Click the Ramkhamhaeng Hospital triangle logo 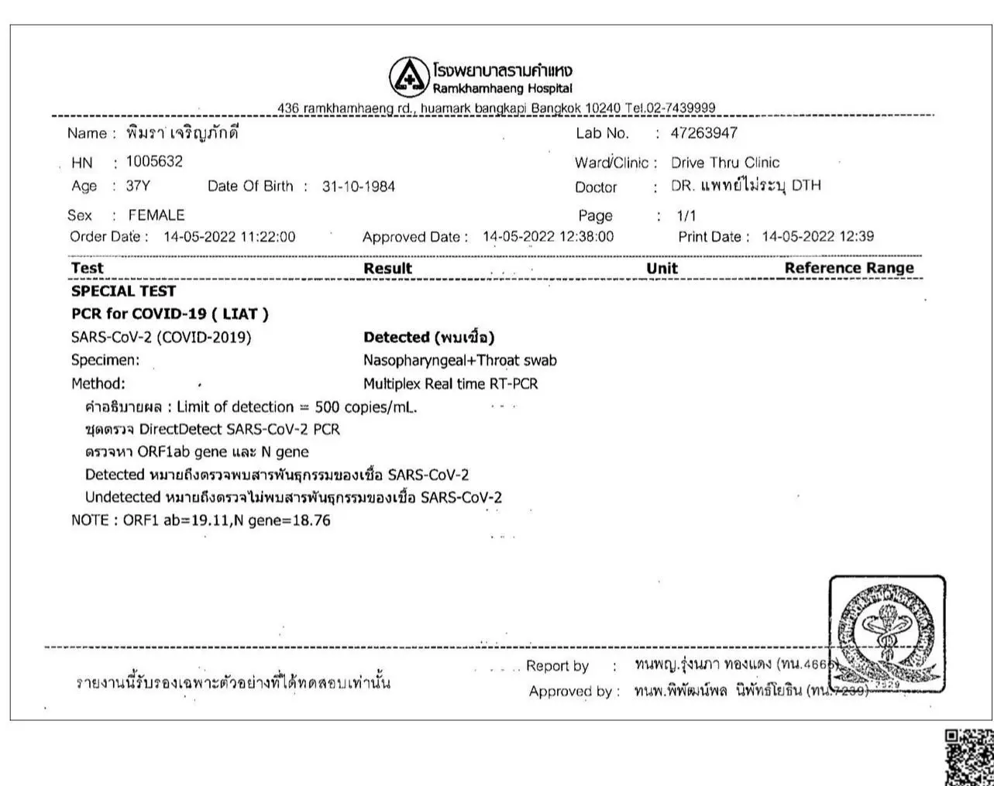point(408,77)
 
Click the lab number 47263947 point(703,133)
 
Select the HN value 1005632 point(154,162)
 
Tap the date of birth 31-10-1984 point(358,187)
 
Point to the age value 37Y point(138,187)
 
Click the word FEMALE point(156,215)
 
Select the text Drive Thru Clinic point(724,163)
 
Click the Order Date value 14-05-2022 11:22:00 point(229,237)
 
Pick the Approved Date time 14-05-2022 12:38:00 point(548,237)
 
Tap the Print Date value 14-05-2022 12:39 point(817,237)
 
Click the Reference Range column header point(848,268)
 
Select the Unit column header point(662,268)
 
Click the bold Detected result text point(428,338)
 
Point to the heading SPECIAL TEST point(123,291)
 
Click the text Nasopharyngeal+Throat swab point(459,361)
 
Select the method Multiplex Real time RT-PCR point(450,384)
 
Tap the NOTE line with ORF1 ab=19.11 point(201,520)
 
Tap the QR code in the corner point(968,757)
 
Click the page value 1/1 point(686,216)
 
